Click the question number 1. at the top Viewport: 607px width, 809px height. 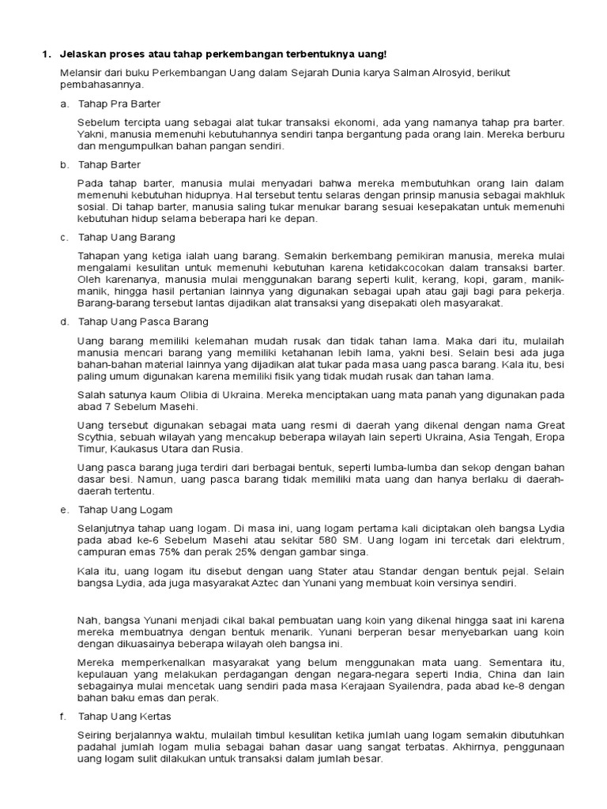tap(45, 54)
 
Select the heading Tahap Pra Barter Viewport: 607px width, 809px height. tap(119, 103)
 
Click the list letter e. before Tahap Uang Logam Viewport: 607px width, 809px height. tap(63, 510)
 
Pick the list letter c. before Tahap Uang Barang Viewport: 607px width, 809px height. tap(63, 237)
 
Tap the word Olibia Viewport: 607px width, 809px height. tap(182, 393)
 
